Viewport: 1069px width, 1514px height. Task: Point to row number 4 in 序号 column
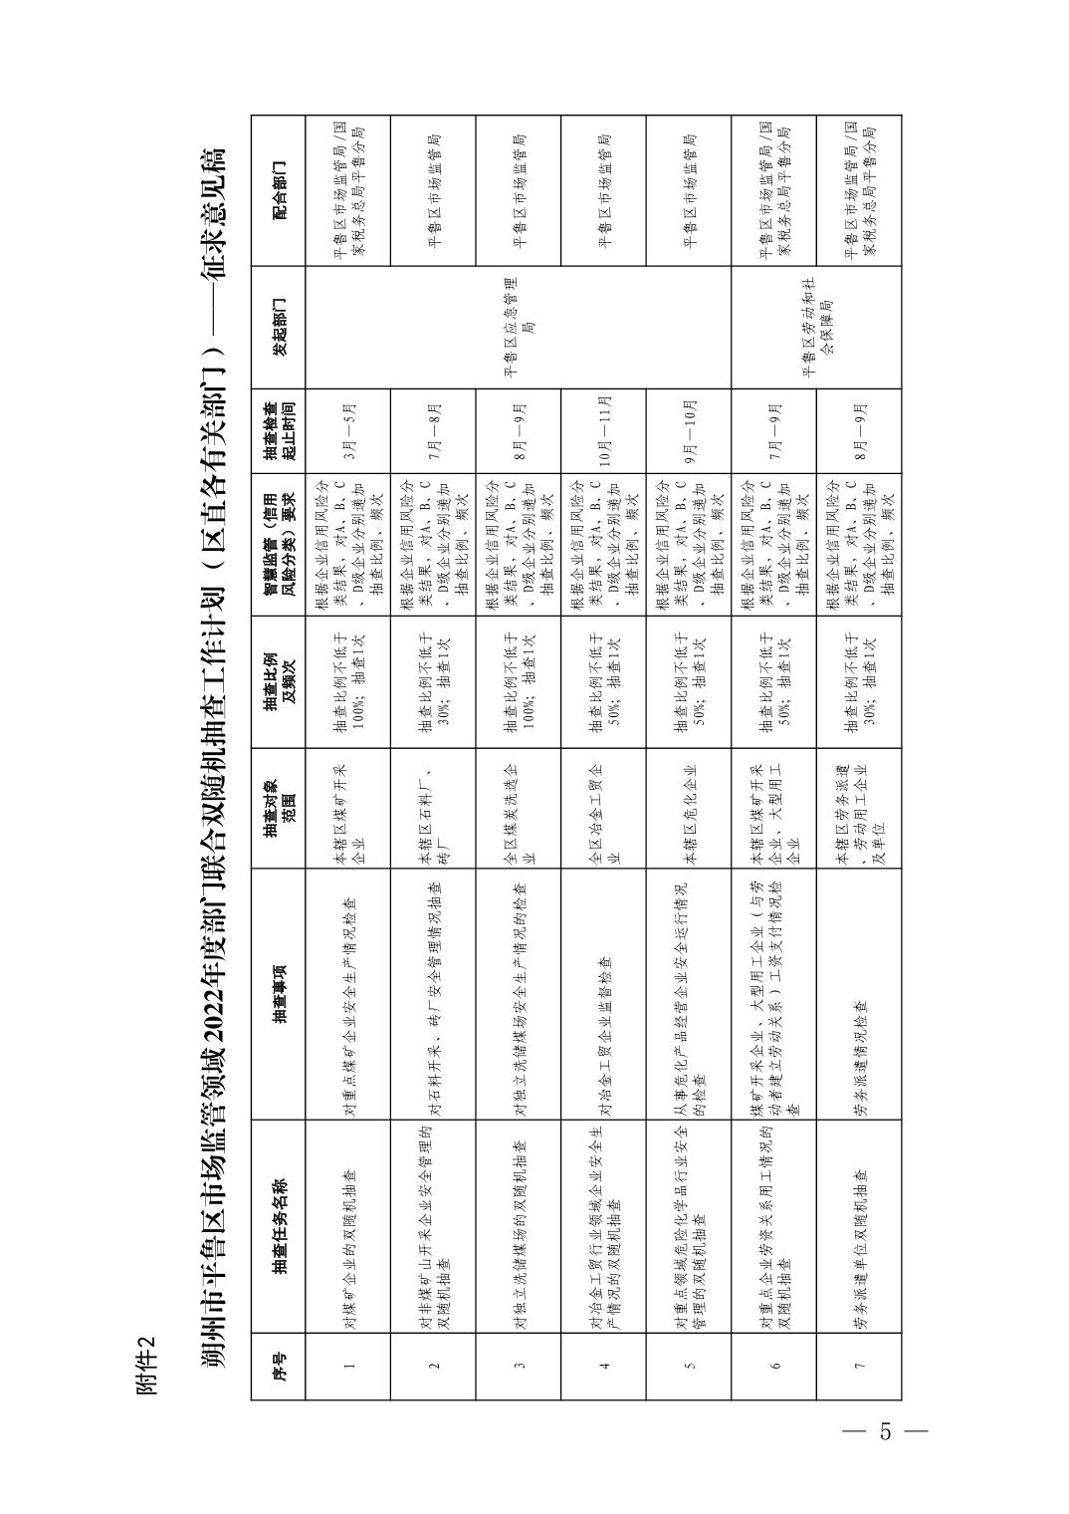click(x=604, y=1366)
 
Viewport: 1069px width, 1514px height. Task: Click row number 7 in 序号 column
click(x=858, y=1366)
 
